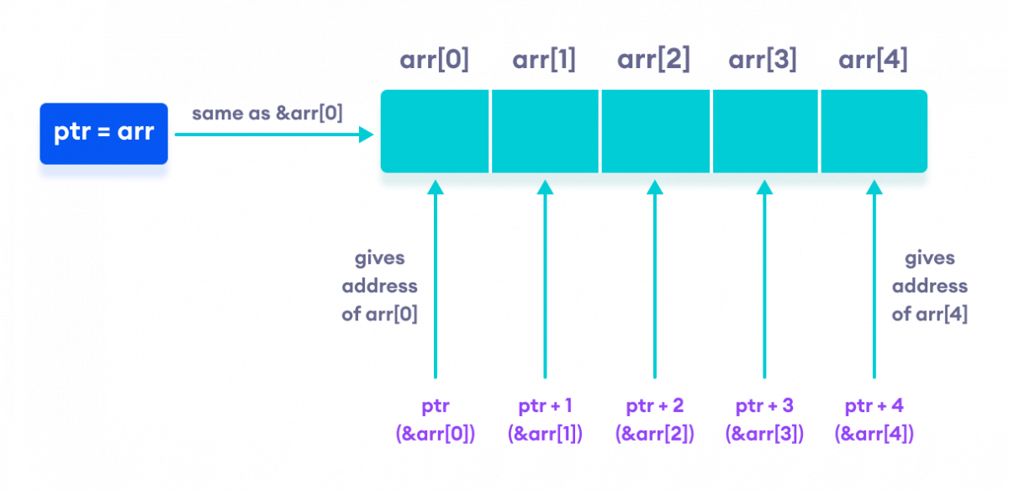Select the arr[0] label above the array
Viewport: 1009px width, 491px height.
pyautogui.click(x=435, y=61)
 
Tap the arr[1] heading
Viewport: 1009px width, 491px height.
pyautogui.click(x=544, y=61)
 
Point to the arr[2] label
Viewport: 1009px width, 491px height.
pyautogui.click(x=653, y=61)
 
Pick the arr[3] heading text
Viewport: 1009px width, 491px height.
pyautogui.click(x=763, y=61)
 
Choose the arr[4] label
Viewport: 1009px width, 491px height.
pyautogui.click(x=873, y=61)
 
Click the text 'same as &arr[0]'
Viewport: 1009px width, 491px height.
pyautogui.click(x=267, y=114)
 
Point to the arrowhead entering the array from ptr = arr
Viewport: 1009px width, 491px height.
pyautogui.click(x=367, y=135)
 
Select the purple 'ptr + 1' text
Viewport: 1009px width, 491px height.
pyautogui.click(x=545, y=407)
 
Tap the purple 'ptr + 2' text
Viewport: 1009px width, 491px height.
pyautogui.click(x=654, y=407)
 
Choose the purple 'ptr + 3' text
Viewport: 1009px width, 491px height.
pyautogui.click(x=764, y=407)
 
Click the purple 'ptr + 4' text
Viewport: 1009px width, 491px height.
pyautogui.click(x=874, y=407)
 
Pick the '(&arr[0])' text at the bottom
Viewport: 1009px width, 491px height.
pyautogui.click(x=435, y=434)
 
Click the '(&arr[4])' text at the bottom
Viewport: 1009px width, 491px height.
pyautogui.click(x=874, y=434)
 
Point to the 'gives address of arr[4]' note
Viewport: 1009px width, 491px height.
pyautogui.click(x=929, y=287)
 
